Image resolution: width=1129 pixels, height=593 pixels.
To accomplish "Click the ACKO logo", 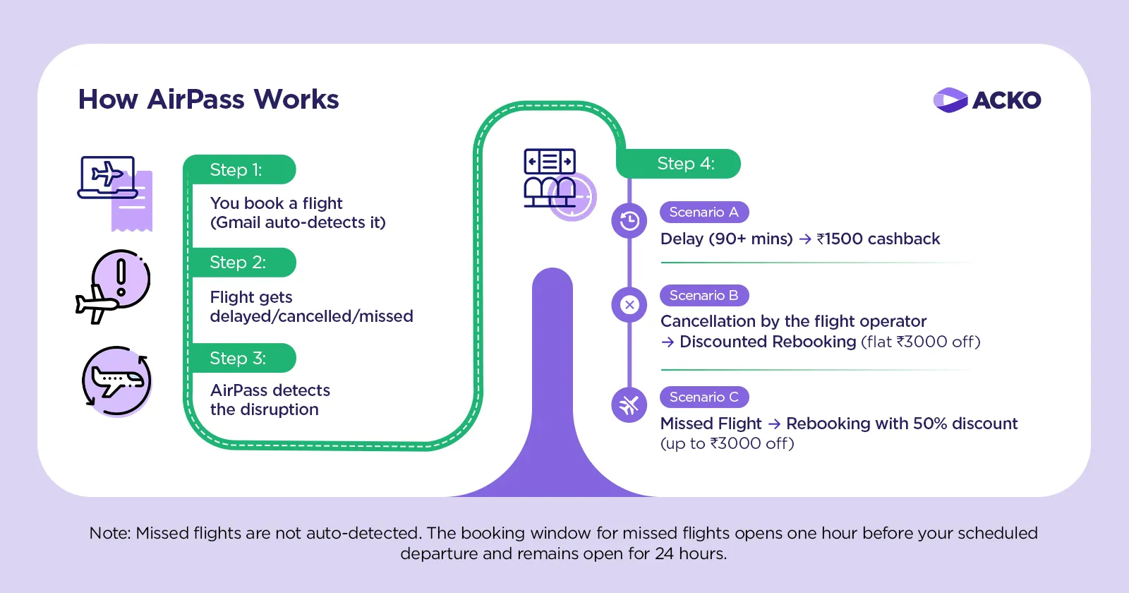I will [x=986, y=100].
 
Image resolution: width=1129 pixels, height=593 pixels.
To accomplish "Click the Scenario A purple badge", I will [x=704, y=212].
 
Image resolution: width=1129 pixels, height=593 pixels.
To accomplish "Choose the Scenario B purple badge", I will [x=704, y=295].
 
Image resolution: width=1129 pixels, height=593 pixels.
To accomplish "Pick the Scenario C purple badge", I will [x=704, y=397].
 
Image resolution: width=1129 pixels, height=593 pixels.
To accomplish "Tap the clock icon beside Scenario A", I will [x=629, y=221].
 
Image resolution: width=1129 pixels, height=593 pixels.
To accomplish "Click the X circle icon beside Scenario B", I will [x=629, y=305].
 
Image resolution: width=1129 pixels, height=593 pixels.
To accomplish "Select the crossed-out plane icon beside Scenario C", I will [x=629, y=405].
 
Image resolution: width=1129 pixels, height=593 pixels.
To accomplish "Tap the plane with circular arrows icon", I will [x=116, y=381].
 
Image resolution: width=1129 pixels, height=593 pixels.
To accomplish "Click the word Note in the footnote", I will [x=109, y=533].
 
